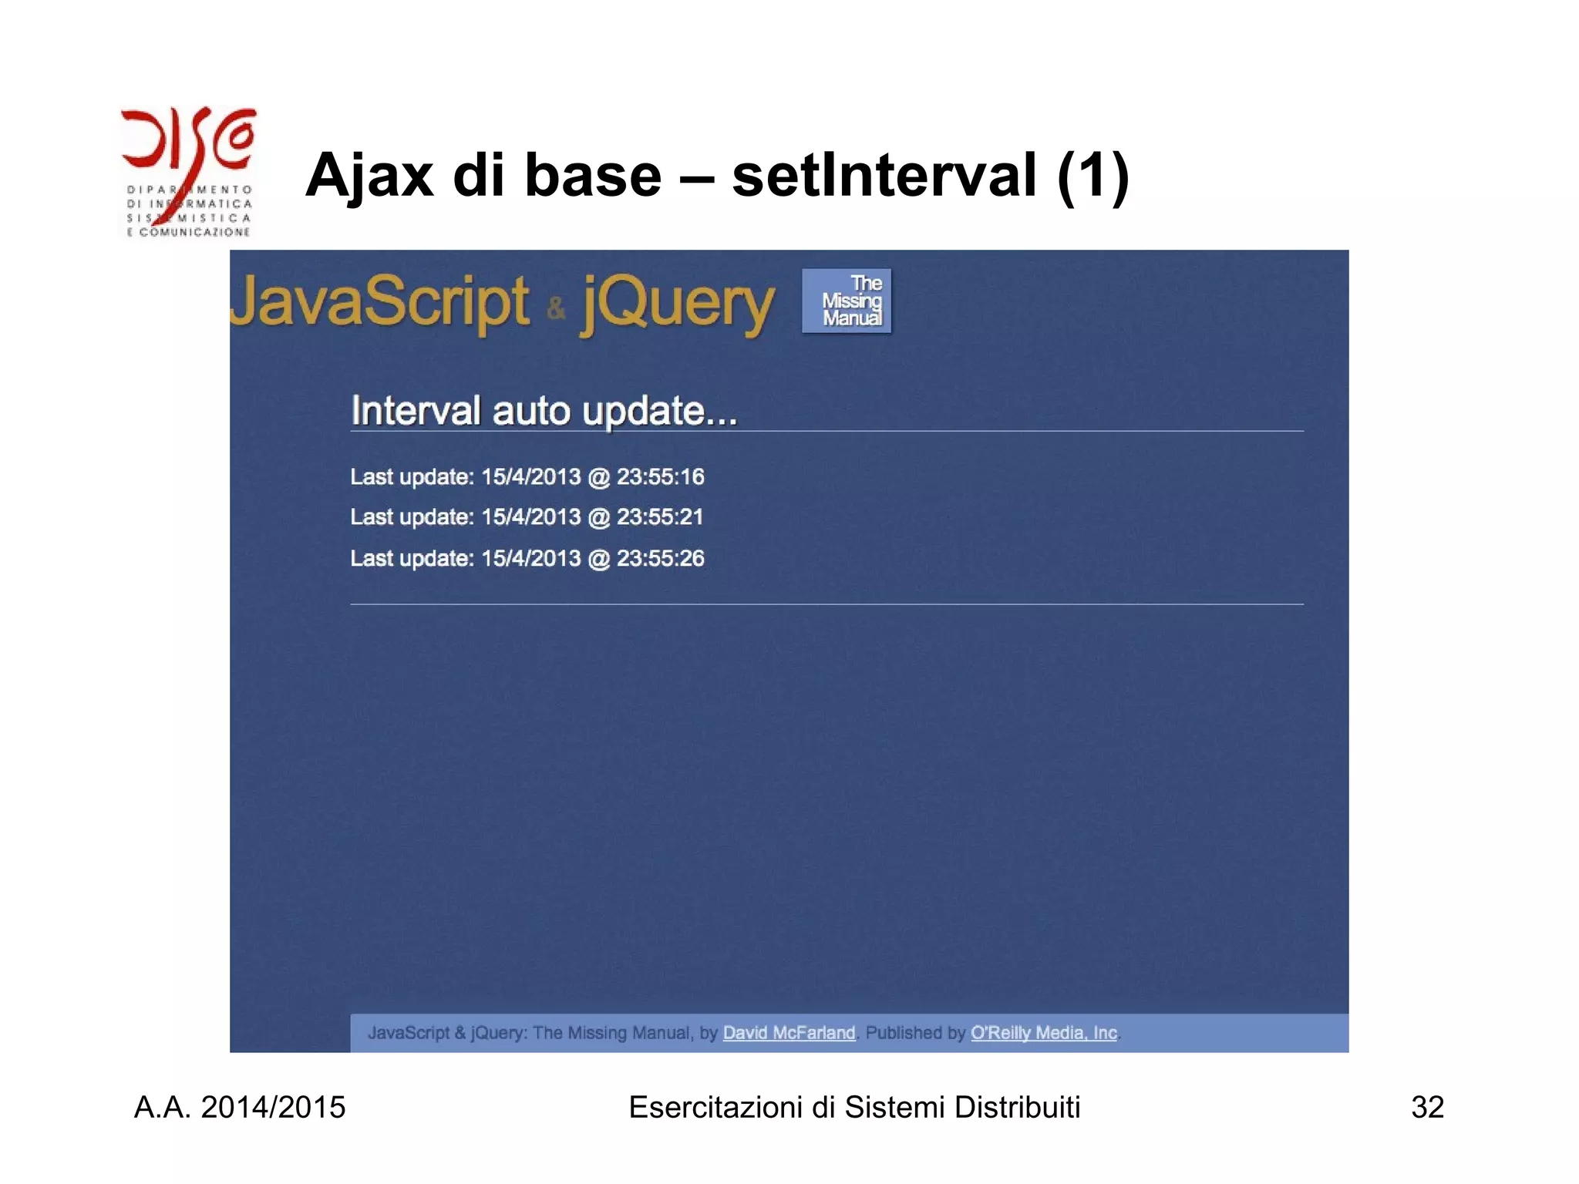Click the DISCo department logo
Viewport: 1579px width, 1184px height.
[x=188, y=171]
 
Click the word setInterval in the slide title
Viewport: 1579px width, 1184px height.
[x=884, y=176]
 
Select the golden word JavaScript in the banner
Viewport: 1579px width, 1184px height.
[x=380, y=302]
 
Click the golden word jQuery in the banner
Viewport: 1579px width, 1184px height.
[x=677, y=304]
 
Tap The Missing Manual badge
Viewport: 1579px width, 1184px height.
[x=847, y=301]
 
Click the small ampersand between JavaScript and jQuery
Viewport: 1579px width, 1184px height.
[x=556, y=310]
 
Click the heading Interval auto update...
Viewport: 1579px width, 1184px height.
[x=544, y=410]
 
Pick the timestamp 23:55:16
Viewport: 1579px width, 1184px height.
[x=660, y=477]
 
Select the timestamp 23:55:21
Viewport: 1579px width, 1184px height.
[x=660, y=517]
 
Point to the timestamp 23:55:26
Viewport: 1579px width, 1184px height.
[x=660, y=559]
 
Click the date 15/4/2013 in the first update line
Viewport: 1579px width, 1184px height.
[x=530, y=477]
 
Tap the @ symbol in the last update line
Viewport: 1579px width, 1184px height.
[x=598, y=559]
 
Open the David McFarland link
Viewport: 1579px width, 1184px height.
[x=789, y=1033]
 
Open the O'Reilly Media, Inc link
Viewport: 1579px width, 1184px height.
[x=1043, y=1033]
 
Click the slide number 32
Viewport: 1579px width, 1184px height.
[x=1427, y=1108]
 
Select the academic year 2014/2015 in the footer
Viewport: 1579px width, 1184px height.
[x=273, y=1108]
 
